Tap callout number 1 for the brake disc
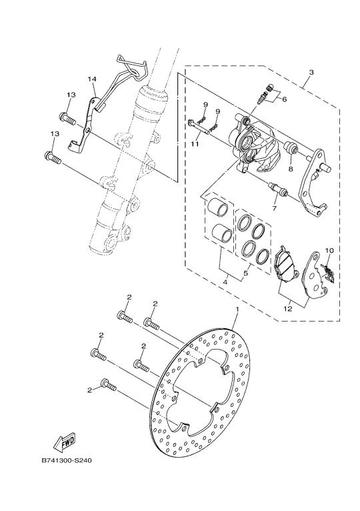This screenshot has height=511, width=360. pyautogui.click(x=237, y=308)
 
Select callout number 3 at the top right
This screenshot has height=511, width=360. pyautogui.click(x=311, y=72)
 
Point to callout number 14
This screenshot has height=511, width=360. pyautogui.click(x=92, y=79)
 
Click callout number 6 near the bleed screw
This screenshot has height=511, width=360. pyautogui.click(x=285, y=99)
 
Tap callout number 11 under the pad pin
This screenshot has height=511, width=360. pyautogui.click(x=195, y=143)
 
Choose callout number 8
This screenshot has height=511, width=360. pyautogui.click(x=290, y=169)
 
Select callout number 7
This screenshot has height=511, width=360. pyautogui.click(x=274, y=207)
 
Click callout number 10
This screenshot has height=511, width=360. pyautogui.click(x=329, y=251)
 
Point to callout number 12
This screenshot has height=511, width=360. pyautogui.click(x=288, y=309)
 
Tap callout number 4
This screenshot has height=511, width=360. pyautogui.click(x=225, y=282)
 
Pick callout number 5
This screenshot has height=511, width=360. pyautogui.click(x=246, y=273)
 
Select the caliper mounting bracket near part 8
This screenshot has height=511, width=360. pyautogui.click(x=314, y=183)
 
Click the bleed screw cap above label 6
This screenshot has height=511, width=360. pyautogui.click(x=269, y=87)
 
